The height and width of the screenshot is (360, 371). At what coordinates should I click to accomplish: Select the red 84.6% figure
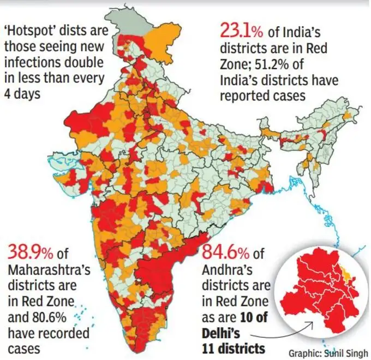point(225,253)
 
